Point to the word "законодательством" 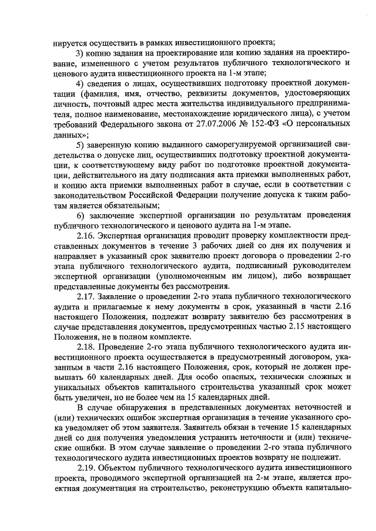pyautogui.click(x=91, y=195)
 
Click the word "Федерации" pyautogui.click(x=207, y=195)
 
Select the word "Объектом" pyautogui.click(x=118, y=469)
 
